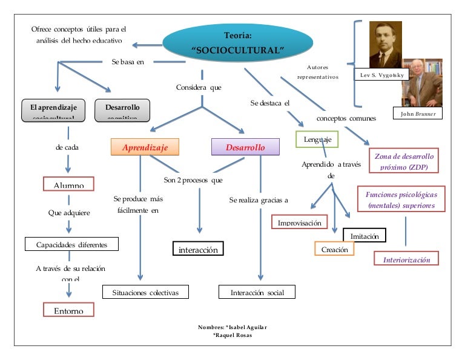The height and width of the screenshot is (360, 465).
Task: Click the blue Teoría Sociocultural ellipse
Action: tap(237, 42)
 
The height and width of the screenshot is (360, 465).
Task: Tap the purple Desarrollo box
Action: tap(245, 147)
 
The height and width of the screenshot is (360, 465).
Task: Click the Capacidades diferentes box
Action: tap(71, 244)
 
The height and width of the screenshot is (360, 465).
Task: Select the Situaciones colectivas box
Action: tap(145, 292)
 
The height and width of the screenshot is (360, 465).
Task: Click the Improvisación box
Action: tap(299, 222)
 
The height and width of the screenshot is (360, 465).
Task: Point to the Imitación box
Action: tap(364, 235)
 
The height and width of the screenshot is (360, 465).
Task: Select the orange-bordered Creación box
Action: tap(334, 248)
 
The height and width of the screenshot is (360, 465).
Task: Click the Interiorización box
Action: tap(406, 259)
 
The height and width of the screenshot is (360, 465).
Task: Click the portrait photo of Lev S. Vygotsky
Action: tap(386, 45)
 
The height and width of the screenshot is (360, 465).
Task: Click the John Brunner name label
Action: tap(418, 113)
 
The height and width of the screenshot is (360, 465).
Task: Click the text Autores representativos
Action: tap(318, 72)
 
